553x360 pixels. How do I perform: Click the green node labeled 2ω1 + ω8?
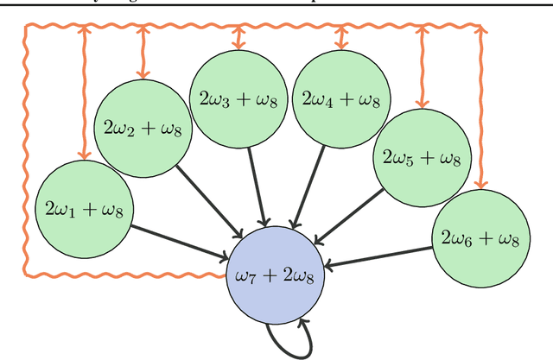coord(84,208)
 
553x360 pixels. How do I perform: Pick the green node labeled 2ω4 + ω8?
coord(341,99)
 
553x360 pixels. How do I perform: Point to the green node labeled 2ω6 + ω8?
coord(480,238)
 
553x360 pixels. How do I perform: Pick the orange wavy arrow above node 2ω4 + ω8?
coord(341,35)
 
